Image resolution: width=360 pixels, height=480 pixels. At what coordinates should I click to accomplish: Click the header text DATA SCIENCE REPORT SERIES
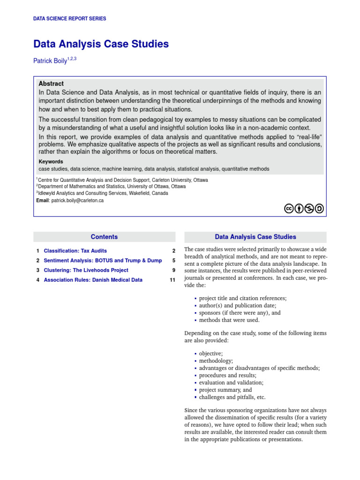[69, 19]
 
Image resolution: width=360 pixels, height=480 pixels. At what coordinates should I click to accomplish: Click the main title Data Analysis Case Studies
[101, 45]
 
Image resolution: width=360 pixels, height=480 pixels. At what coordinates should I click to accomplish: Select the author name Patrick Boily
[50, 61]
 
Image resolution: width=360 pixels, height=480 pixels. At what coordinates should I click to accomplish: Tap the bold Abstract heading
[51, 83]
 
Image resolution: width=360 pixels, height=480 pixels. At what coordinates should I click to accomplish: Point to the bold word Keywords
[51, 162]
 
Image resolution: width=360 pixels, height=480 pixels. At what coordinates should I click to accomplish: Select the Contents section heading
[104, 237]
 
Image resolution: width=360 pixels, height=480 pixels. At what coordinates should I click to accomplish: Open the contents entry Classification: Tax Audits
[75, 251]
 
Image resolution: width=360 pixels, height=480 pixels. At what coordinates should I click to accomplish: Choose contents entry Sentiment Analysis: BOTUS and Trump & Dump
[103, 261]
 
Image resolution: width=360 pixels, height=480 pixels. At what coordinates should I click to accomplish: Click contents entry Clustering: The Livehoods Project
[86, 270]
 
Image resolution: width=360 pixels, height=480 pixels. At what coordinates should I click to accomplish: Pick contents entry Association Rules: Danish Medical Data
[93, 280]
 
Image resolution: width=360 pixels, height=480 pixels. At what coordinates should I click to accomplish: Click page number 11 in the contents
[172, 280]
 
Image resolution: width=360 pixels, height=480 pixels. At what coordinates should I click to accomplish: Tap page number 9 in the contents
[173, 270]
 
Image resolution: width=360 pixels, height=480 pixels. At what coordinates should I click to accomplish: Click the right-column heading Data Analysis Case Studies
[255, 237]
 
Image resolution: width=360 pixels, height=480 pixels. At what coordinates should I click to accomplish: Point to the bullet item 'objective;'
[211, 353]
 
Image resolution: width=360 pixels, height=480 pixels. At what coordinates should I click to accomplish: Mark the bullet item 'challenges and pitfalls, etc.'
[232, 397]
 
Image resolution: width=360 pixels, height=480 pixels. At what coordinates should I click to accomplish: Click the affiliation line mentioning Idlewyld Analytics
[103, 193]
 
